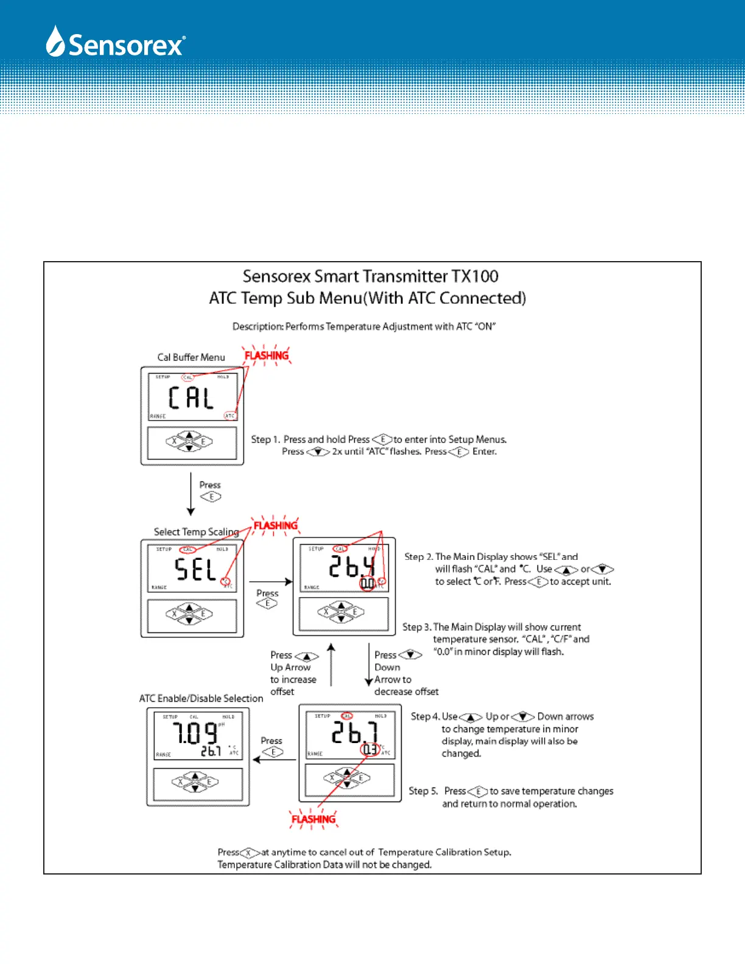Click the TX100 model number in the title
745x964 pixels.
pyautogui.click(x=474, y=276)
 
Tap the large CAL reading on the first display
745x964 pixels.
pyautogui.click(x=191, y=398)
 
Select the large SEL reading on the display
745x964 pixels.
pyautogui.click(x=195, y=570)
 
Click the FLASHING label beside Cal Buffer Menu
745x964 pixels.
pyautogui.click(x=267, y=355)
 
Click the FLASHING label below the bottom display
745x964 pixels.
pyautogui.click(x=313, y=819)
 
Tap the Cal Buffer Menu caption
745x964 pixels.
pyautogui.click(x=191, y=357)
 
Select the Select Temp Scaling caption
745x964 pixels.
pyautogui.click(x=196, y=532)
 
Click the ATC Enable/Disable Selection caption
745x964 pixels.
pyautogui.click(x=201, y=698)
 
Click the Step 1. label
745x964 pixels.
pyautogui.click(x=265, y=439)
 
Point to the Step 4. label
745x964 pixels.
pyautogui.click(x=425, y=716)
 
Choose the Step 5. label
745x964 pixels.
pyautogui.click(x=423, y=791)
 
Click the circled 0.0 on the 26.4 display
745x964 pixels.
pyautogui.click(x=367, y=584)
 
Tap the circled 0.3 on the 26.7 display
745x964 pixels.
pyautogui.click(x=369, y=750)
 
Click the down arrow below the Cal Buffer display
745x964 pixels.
pyautogui.click(x=191, y=494)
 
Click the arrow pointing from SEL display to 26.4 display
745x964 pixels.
pyautogui.click(x=270, y=582)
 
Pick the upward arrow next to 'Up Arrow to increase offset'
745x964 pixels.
pyautogui.click(x=331, y=664)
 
